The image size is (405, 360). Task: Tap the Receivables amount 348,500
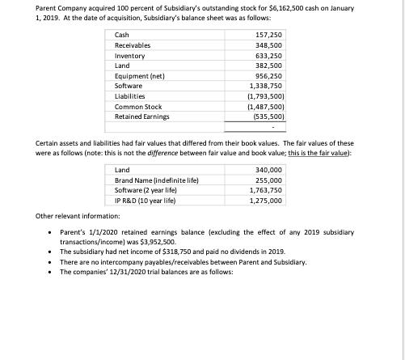tap(267, 47)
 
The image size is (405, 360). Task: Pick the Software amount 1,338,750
tap(264, 92)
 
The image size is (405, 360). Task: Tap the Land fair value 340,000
tap(267, 169)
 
